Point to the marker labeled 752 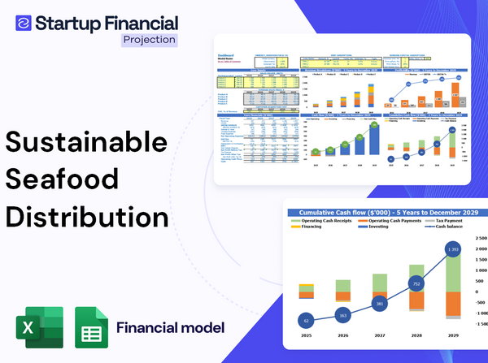pos(416,283)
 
